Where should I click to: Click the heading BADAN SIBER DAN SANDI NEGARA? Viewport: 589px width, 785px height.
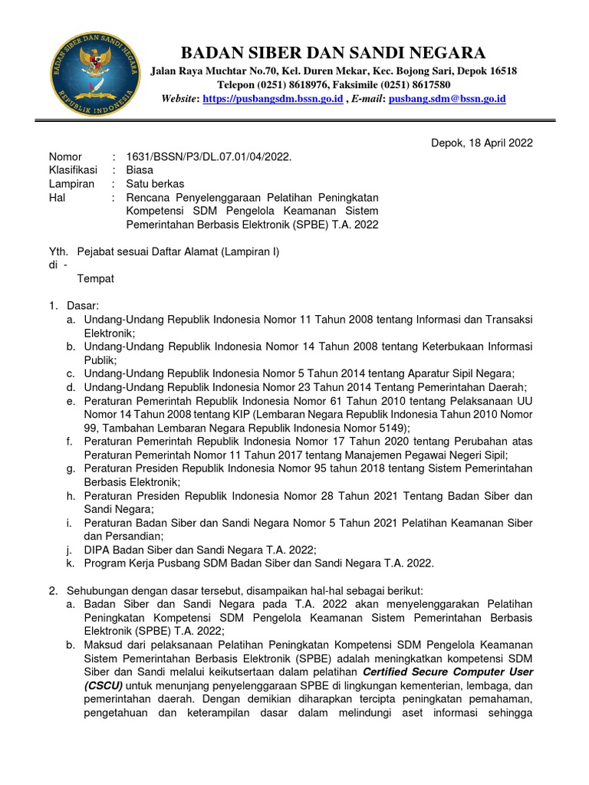click(x=332, y=52)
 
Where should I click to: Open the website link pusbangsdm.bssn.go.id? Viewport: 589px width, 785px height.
click(x=272, y=99)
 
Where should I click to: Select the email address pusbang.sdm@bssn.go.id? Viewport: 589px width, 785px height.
click(x=447, y=99)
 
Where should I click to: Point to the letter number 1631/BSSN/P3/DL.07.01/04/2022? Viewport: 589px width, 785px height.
click(x=209, y=156)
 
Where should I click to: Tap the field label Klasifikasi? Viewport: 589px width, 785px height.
click(x=74, y=170)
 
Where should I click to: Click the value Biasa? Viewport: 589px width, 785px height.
click(x=140, y=170)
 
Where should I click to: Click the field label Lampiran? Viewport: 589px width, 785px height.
click(x=72, y=184)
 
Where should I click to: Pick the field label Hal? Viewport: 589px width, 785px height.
click(x=58, y=198)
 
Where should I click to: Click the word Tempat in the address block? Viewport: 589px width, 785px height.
click(x=95, y=278)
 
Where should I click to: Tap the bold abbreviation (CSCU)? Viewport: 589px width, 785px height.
click(x=104, y=685)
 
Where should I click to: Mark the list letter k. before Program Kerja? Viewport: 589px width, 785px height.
click(x=71, y=563)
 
